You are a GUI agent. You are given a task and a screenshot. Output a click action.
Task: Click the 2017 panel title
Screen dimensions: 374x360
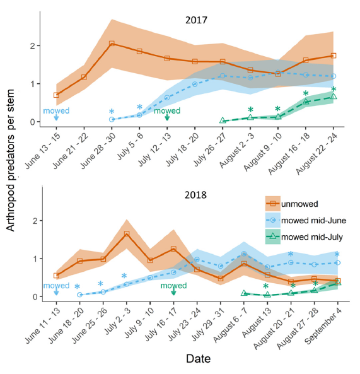click(195, 20)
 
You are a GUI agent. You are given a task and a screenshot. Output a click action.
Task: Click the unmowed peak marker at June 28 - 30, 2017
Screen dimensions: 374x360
click(112, 44)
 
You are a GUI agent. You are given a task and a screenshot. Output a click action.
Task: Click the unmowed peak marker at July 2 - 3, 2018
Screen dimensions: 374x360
click(127, 234)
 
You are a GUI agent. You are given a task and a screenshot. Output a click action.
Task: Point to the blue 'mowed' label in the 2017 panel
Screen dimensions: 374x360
click(56, 111)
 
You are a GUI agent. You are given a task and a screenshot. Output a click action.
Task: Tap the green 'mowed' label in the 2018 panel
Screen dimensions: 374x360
click(173, 286)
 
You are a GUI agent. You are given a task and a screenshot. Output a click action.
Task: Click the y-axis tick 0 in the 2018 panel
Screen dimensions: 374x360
click(33, 296)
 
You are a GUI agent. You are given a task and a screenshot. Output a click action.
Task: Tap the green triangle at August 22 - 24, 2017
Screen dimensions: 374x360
click(334, 96)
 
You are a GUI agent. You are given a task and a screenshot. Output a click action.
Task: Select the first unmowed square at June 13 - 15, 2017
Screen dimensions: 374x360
click(56, 95)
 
